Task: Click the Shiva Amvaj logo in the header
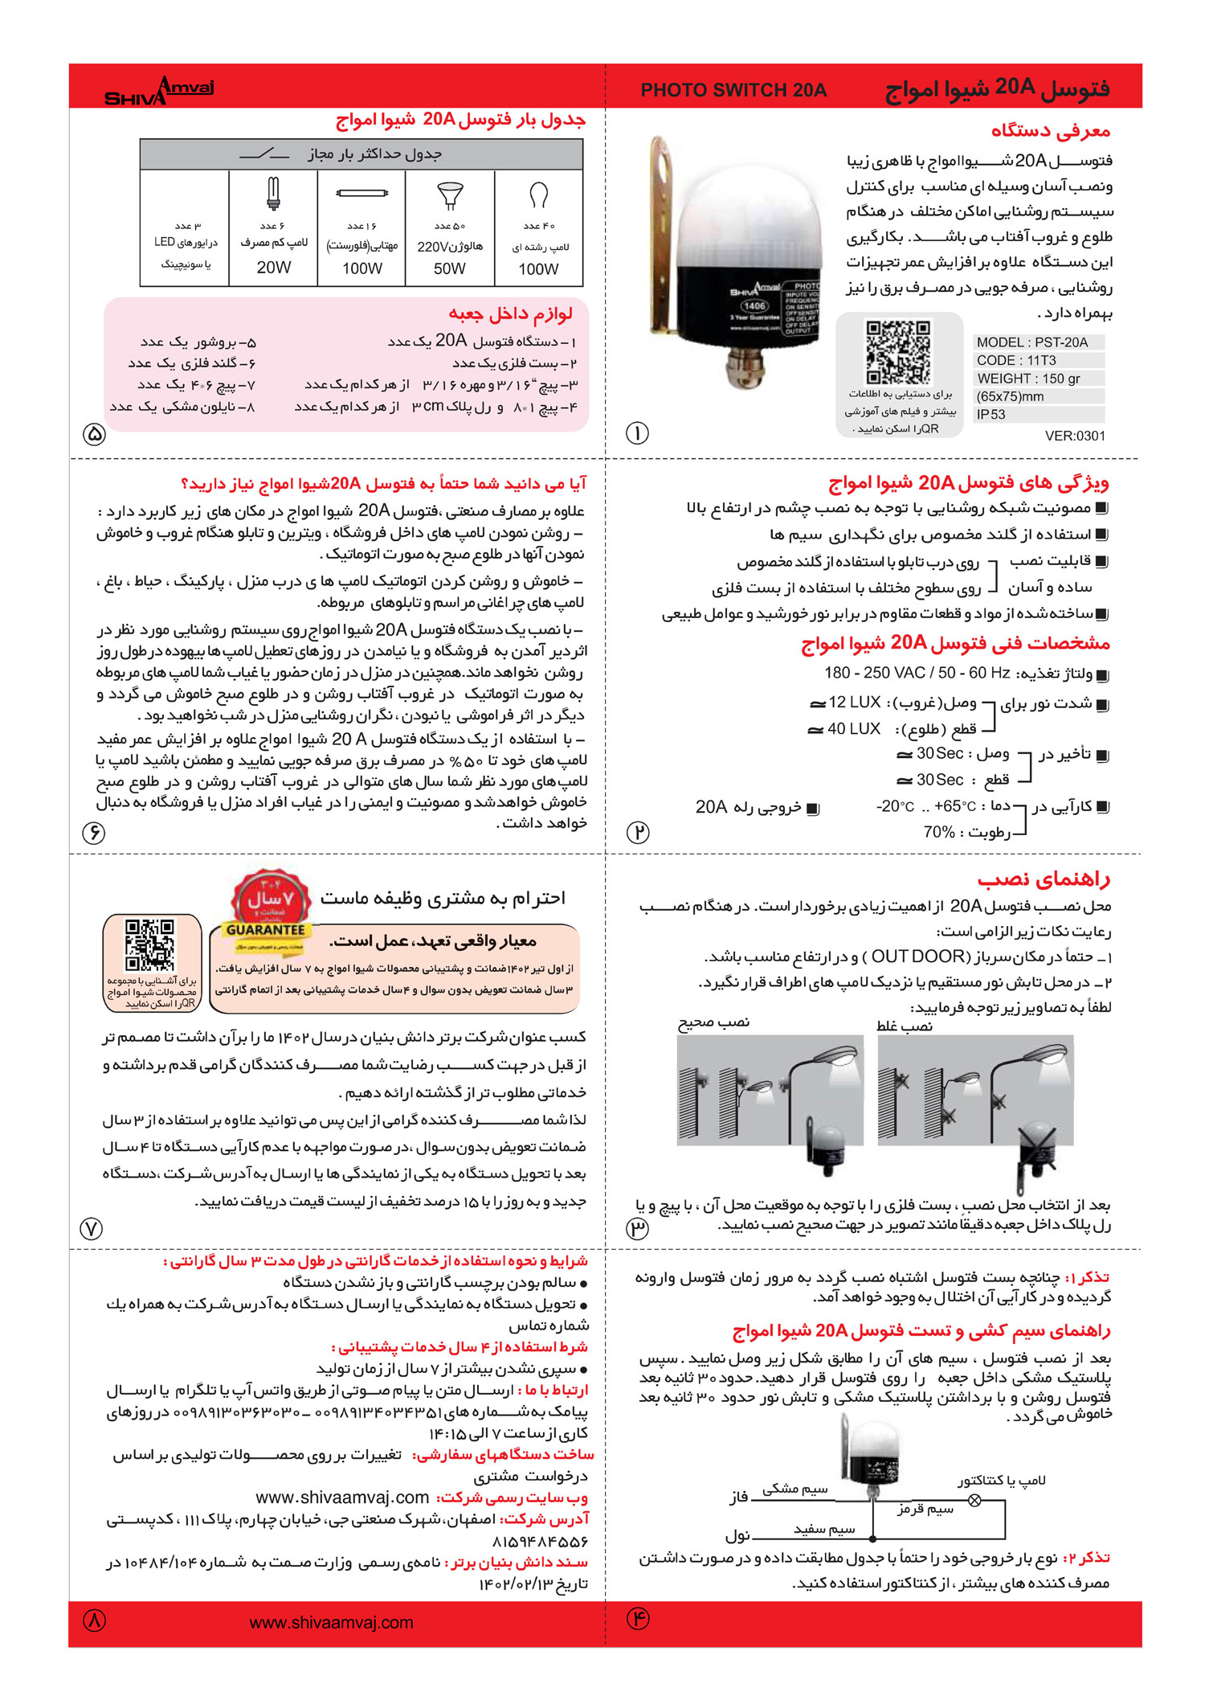tap(159, 90)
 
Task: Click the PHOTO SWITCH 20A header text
tap(733, 90)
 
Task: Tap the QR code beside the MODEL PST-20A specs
tap(898, 352)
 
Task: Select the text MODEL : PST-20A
tap(1032, 342)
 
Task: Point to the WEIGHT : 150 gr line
tap(1028, 379)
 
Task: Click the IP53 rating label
tap(991, 415)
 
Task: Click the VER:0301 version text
tap(1075, 436)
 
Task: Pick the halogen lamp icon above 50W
tap(450, 195)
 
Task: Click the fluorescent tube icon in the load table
tap(361, 193)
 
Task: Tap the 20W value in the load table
tap(273, 268)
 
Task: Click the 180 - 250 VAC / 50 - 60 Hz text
tap(917, 673)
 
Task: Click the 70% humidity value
tap(939, 832)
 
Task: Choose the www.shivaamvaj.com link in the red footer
tap(331, 1622)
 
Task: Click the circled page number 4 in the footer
tap(638, 1618)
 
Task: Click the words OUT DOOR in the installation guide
tap(917, 957)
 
